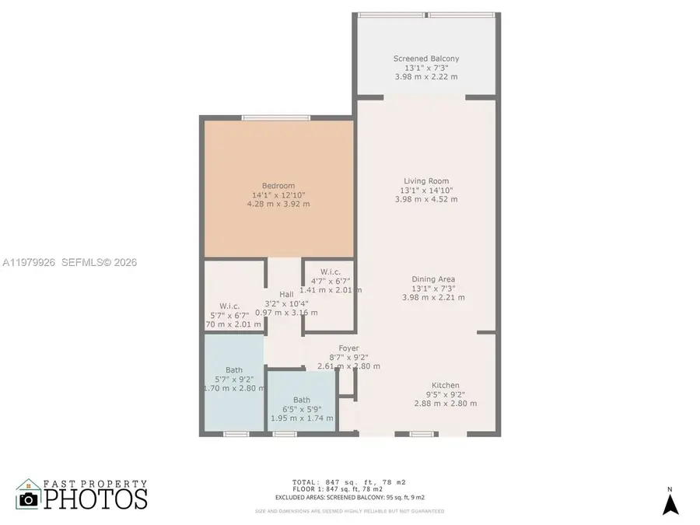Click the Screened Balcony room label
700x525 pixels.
[426, 58]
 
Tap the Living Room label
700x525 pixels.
[425, 180]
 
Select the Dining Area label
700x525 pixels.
[433, 278]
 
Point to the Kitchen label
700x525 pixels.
[446, 385]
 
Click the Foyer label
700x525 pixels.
[348, 348]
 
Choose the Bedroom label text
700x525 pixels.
[278, 185]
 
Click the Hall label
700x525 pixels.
[287, 293]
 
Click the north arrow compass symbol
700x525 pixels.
[670, 503]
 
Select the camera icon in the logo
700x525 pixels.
[30, 499]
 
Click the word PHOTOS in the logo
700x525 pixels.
[95, 499]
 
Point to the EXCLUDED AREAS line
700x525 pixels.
[349, 497]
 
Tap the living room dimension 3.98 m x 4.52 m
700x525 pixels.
[425, 199]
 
